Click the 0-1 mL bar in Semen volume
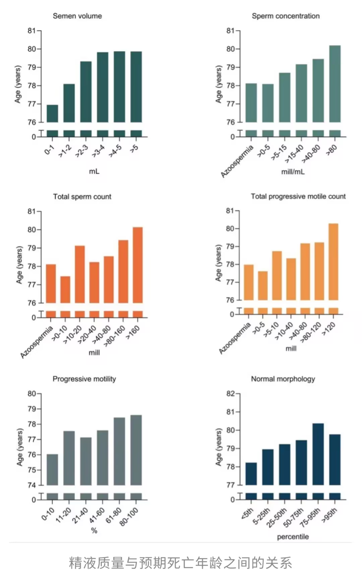coord(52,114)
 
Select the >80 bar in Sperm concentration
coord(335,84)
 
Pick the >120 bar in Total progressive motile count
coord(333,262)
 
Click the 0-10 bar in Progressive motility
coord(52,470)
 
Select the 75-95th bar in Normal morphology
coord(318,454)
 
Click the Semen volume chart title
coord(77,16)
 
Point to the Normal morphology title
coord(283,379)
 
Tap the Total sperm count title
coord(82,197)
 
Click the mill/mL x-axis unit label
coord(293,172)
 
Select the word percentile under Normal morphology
coord(293,537)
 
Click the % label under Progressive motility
coord(94,531)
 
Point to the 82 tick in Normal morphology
coord(231,394)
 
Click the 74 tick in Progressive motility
coord(32,485)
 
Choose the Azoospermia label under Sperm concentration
coord(237,161)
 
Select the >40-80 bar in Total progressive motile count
coord(305,272)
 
